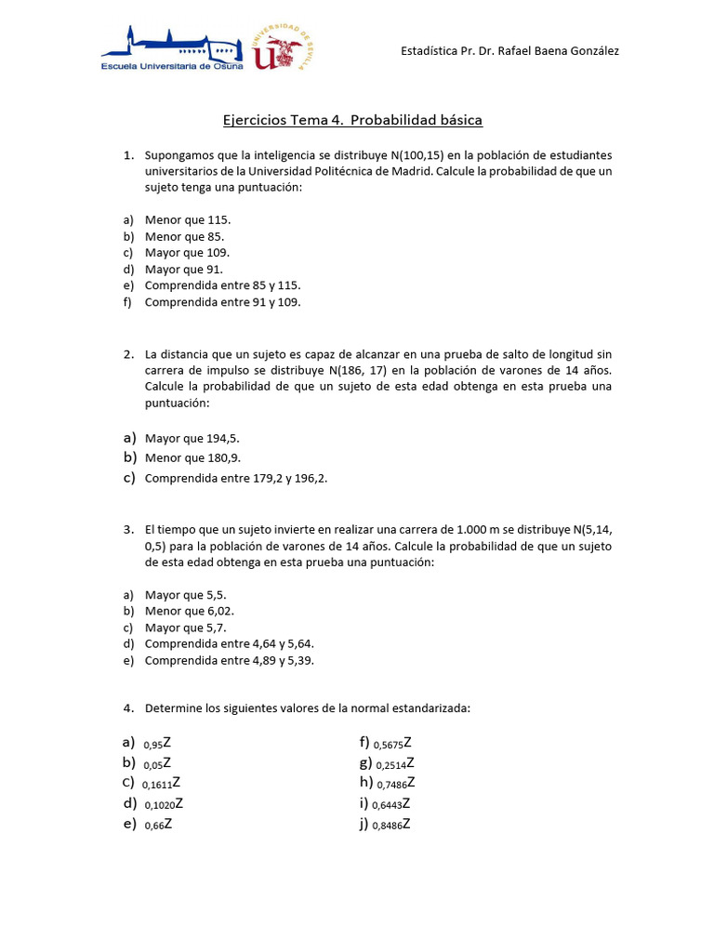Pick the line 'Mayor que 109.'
pos(187,252)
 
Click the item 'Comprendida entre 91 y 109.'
pos(223,302)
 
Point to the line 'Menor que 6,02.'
pos(190,611)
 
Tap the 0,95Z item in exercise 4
pos(158,743)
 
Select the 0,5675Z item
pos(392,743)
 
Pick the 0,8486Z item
pos(391,825)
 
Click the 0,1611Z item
pos(162,784)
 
